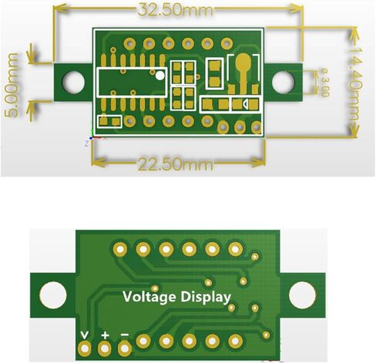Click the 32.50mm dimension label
pos(176,10)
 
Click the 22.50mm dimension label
pos(176,163)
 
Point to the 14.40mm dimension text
pos(354,84)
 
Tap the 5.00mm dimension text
pos(12,86)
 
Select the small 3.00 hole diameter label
pos(324,83)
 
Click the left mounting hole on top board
pos(73,83)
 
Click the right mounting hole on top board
pos(284,83)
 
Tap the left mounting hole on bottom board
pos(53,295)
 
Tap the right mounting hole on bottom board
pos(302,295)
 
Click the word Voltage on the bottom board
pos(149,298)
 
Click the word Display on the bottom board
pos(206,298)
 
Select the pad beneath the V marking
pos(85,349)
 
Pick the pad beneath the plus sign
pos(105,349)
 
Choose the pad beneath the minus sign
pos(125,349)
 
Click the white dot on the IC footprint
pos(160,76)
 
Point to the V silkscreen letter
pos(85,335)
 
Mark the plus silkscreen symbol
pos(105,335)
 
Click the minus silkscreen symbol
pos(125,335)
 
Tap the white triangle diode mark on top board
pos(245,104)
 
